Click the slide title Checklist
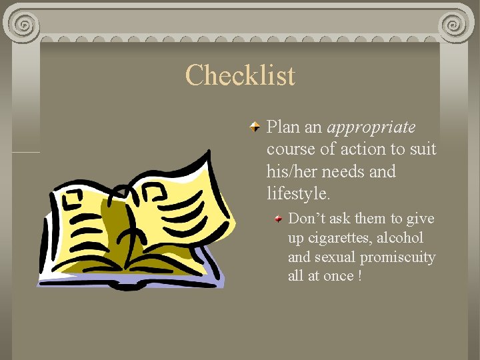pos(240,75)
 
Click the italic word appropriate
pos(371,127)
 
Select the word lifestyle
pos(298,194)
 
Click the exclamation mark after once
pos(360,275)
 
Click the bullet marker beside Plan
pos(255,127)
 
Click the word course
pos(288,149)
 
